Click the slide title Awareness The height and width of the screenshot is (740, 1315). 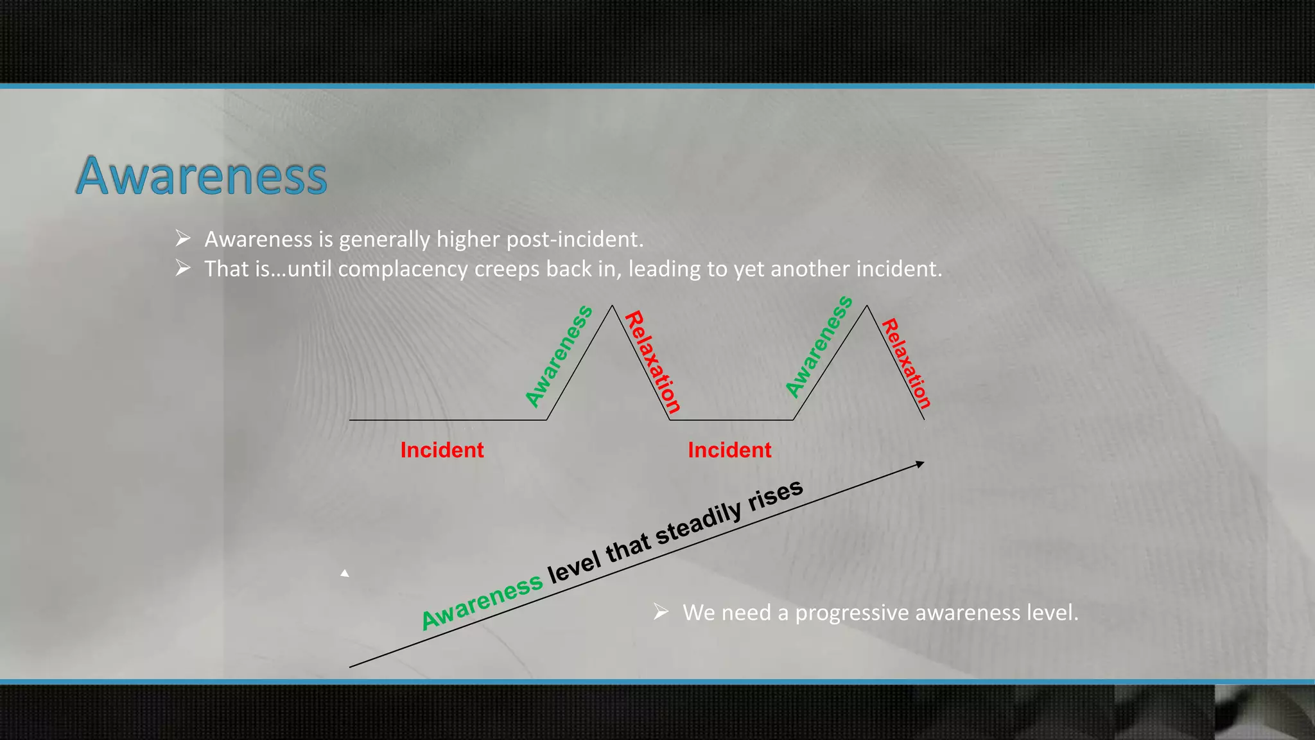[x=202, y=175]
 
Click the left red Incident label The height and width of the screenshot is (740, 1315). [x=442, y=450]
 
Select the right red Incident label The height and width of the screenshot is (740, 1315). [x=729, y=450]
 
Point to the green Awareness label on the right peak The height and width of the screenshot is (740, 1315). [x=819, y=347]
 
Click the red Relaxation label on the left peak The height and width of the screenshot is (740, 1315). [x=652, y=362]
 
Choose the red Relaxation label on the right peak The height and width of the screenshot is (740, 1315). [x=906, y=364]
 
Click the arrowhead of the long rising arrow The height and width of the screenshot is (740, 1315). [x=920, y=464]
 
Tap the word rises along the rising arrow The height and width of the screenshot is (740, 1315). [x=776, y=495]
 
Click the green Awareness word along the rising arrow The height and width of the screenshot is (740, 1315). [x=482, y=601]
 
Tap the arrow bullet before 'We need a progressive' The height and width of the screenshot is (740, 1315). [x=661, y=612]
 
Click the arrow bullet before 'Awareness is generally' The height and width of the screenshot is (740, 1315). [x=183, y=239]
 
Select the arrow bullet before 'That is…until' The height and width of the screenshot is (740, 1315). [x=183, y=269]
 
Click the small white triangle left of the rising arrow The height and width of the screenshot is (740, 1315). [x=345, y=573]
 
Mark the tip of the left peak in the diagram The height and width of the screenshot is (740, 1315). [x=612, y=306]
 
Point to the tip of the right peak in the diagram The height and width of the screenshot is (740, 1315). [x=867, y=306]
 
